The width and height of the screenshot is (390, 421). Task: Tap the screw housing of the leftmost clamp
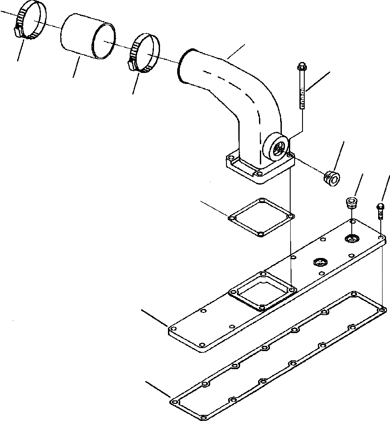click(x=18, y=31)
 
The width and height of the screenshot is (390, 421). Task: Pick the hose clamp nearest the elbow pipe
click(x=144, y=52)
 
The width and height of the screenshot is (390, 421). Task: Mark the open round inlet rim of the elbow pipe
click(x=180, y=66)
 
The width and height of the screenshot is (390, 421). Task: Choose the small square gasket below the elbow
click(x=262, y=217)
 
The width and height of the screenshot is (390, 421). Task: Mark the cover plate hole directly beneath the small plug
click(x=351, y=238)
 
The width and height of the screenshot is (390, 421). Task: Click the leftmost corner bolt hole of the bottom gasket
click(x=175, y=402)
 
